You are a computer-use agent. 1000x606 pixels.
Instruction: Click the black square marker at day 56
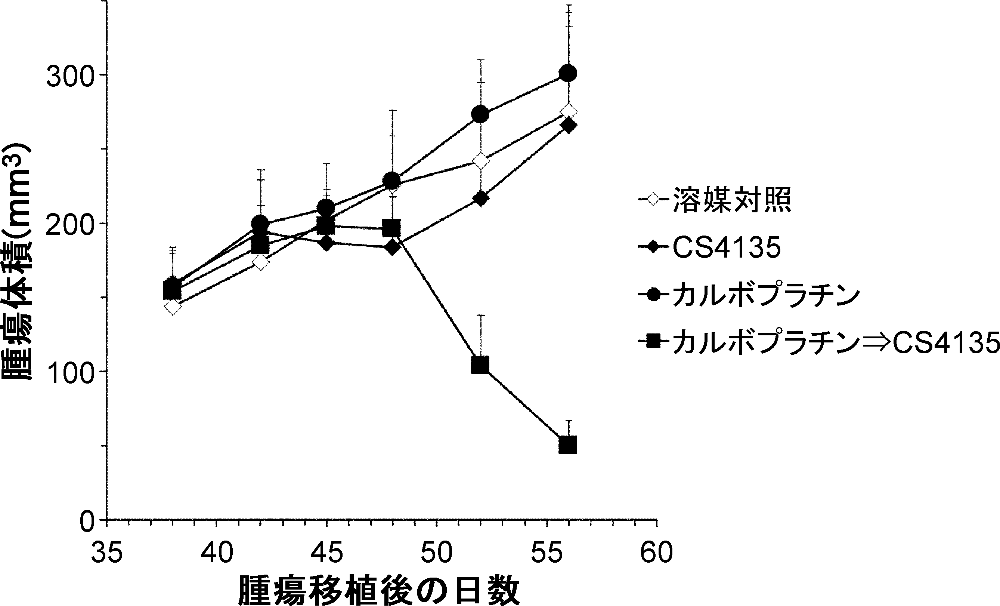(x=568, y=445)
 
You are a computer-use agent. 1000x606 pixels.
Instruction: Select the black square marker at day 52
(x=480, y=365)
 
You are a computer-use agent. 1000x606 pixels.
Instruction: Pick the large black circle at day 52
(x=480, y=114)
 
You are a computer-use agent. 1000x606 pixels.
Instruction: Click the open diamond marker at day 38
(x=173, y=307)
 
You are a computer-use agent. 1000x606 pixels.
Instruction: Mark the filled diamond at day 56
(x=568, y=126)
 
